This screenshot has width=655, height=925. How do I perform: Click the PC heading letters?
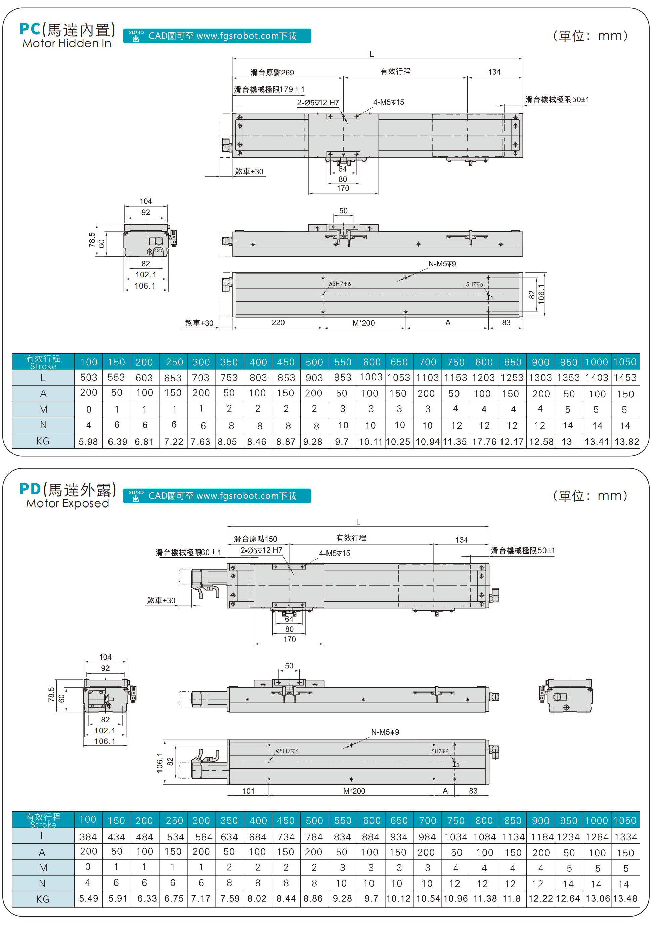point(30,29)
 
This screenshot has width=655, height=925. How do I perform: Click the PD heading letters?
point(30,489)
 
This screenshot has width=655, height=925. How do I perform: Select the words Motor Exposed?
point(68,503)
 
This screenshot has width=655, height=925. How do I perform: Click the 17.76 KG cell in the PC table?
point(484,442)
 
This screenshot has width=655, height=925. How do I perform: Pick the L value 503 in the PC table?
point(88,378)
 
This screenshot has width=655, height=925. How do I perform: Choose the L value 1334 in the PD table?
point(625,837)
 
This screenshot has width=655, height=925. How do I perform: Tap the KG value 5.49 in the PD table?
point(88,899)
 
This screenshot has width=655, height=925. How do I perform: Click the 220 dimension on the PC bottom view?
point(278,322)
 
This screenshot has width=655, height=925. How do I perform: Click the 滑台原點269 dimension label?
point(272,73)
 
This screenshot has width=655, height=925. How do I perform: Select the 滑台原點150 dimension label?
point(255,539)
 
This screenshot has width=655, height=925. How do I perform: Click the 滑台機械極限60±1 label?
point(188,553)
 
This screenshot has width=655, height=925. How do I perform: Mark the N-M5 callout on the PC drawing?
point(442,264)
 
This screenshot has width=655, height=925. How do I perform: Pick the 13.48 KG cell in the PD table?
point(625,899)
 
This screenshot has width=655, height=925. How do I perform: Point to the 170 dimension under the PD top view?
point(289,639)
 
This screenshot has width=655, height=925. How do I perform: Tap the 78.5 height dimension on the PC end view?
point(92,239)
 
